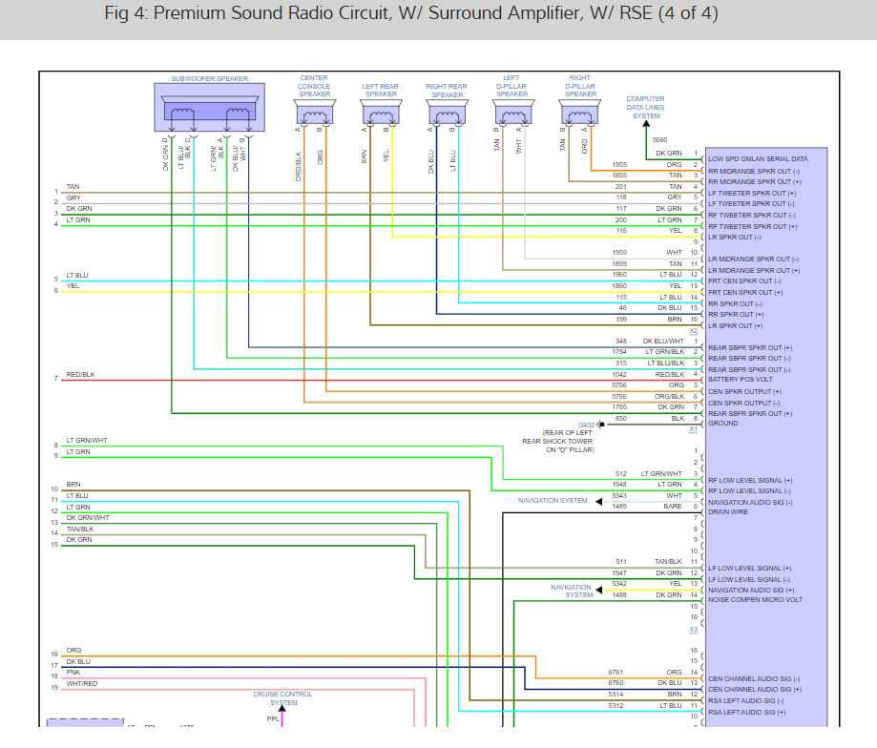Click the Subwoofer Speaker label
[x=209, y=78]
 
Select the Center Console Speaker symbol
[x=315, y=114]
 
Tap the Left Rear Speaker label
[x=381, y=91]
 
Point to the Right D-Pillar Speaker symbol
[x=579, y=114]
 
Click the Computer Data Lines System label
[x=646, y=108]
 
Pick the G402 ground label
[x=586, y=424]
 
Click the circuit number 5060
[x=660, y=140]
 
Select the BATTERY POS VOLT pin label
[x=741, y=380]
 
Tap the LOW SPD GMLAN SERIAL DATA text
[x=758, y=158]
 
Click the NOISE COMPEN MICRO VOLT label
[x=755, y=600]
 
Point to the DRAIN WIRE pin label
[x=727, y=512]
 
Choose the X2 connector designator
[x=694, y=331]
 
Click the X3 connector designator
[x=694, y=631]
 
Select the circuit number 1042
[x=620, y=374]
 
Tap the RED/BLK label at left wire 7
[x=80, y=375]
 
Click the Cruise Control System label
[x=282, y=698]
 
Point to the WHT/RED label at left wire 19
[x=82, y=684]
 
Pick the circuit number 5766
[x=620, y=396]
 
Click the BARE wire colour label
[x=674, y=507]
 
